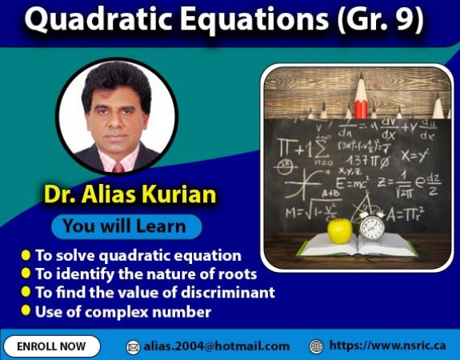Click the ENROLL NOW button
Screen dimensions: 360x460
tap(51, 346)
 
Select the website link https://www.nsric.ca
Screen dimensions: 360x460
tap(387, 346)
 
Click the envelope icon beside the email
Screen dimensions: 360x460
tap(134, 347)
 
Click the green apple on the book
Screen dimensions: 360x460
tap(340, 230)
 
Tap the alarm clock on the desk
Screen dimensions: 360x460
tap(372, 226)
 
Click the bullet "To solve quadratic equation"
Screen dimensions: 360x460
tap(137, 256)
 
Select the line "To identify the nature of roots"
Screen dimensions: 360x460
tap(145, 274)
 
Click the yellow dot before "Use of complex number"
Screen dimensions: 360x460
tap(26, 310)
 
